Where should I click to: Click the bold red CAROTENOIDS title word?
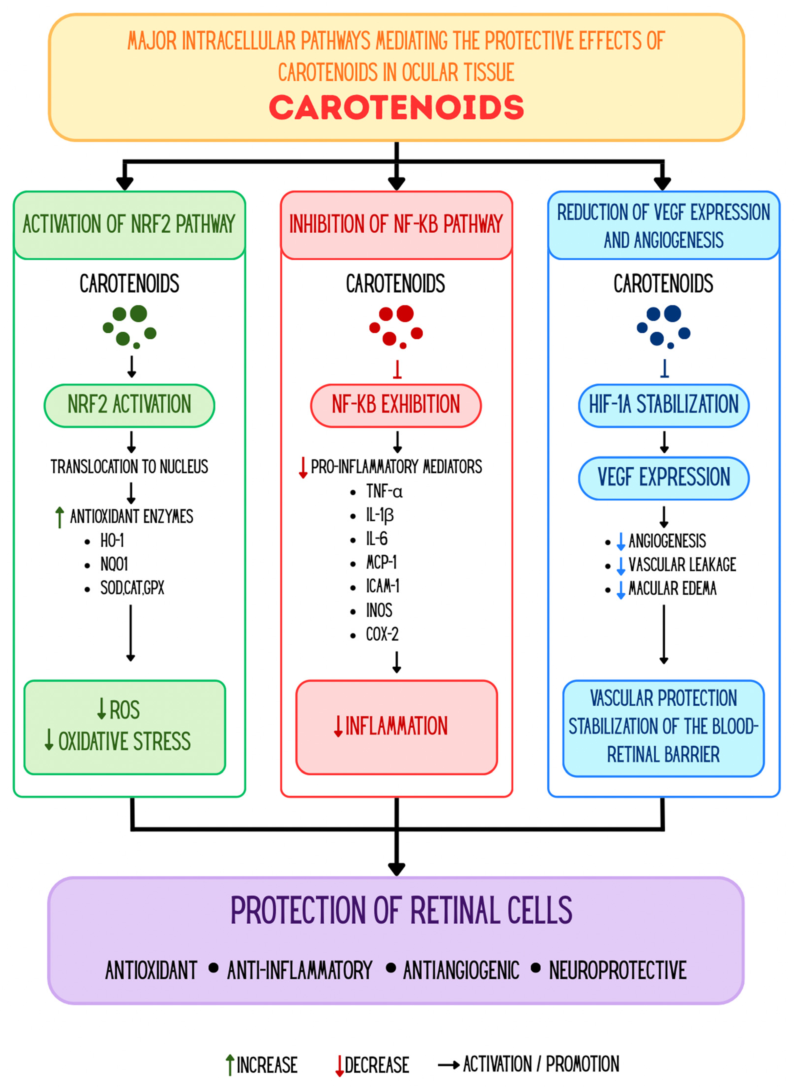(397, 107)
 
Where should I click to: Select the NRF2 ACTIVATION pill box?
(129, 406)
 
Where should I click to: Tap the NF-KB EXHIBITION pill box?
(396, 406)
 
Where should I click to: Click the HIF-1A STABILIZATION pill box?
(664, 406)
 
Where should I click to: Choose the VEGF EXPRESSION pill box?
(664, 478)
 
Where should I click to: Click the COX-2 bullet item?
(382, 634)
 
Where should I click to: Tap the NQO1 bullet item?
(114, 564)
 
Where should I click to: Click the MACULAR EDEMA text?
(672, 588)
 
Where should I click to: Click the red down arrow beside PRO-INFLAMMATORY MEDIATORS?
(303, 467)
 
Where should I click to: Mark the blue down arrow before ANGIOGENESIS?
(621, 541)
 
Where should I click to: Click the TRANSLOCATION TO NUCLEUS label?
(129, 466)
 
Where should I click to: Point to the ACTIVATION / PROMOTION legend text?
(541, 1064)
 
